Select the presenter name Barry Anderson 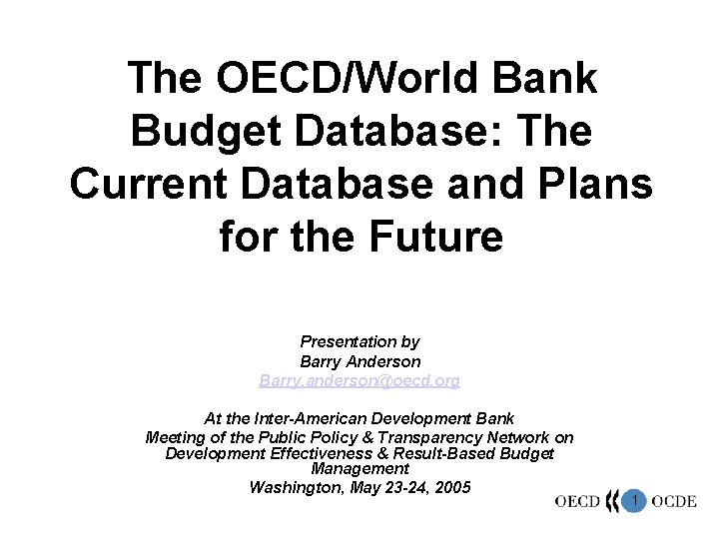pos(359,361)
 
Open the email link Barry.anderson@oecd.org pos(359,381)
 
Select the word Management pos(359,469)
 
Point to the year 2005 pos(451,487)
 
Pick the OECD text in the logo pos(577,502)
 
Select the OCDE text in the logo pos(675,502)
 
